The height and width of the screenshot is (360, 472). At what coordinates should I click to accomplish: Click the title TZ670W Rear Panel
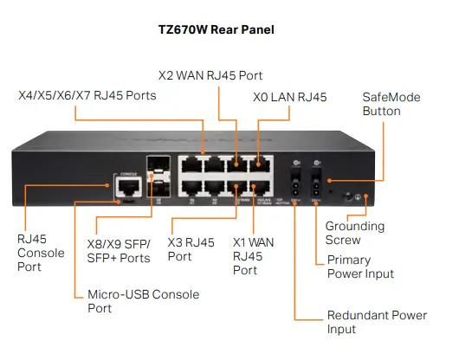click(236, 29)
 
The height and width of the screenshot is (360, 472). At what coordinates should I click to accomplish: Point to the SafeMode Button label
click(391, 104)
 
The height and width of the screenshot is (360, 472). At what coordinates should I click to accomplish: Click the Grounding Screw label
click(355, 233)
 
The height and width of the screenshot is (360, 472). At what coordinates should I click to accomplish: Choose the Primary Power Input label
click(360, 267)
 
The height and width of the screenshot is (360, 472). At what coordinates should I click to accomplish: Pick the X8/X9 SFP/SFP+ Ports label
click(120, 251)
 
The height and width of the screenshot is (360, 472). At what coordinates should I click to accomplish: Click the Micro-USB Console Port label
click(143, 301)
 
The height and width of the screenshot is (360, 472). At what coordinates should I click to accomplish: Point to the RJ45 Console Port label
click(41, 253)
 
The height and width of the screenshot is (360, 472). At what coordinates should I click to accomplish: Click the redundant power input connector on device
click(295, 187)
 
